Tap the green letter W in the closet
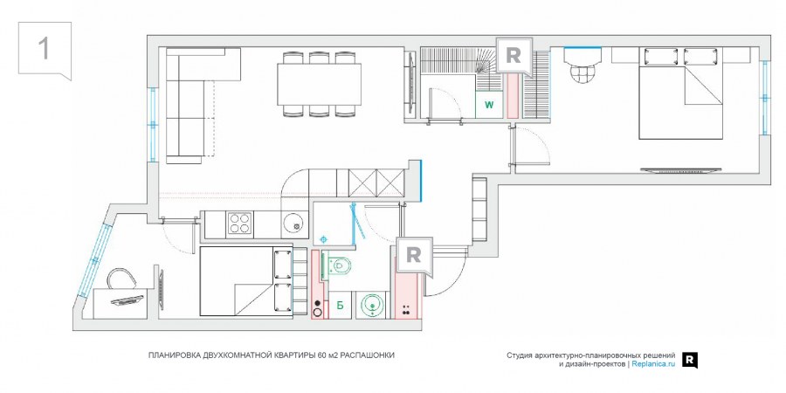[489, 105]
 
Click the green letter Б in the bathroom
[340, 306]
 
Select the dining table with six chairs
[321, 85]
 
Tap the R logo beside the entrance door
[414, 255]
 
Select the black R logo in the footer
[690, 359]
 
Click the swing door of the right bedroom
[529, 145]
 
